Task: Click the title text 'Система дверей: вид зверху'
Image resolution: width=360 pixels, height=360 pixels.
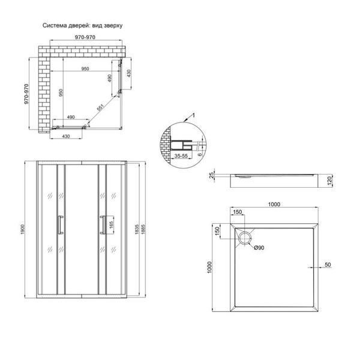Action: coord(82,25)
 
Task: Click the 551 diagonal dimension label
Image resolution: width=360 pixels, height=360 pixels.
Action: coord(101,107)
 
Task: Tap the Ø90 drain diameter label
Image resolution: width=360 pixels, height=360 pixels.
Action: coord(259,248)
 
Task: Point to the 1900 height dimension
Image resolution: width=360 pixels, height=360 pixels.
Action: coord(23,229)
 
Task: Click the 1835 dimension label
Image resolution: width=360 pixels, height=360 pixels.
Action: coord(137,229)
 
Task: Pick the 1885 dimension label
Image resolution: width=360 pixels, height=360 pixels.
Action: coord(143,229)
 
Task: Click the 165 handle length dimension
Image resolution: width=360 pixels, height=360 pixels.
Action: coord(112,225)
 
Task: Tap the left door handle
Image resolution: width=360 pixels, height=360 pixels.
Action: coord(61,225)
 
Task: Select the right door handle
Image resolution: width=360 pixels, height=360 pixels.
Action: coord(103,225)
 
